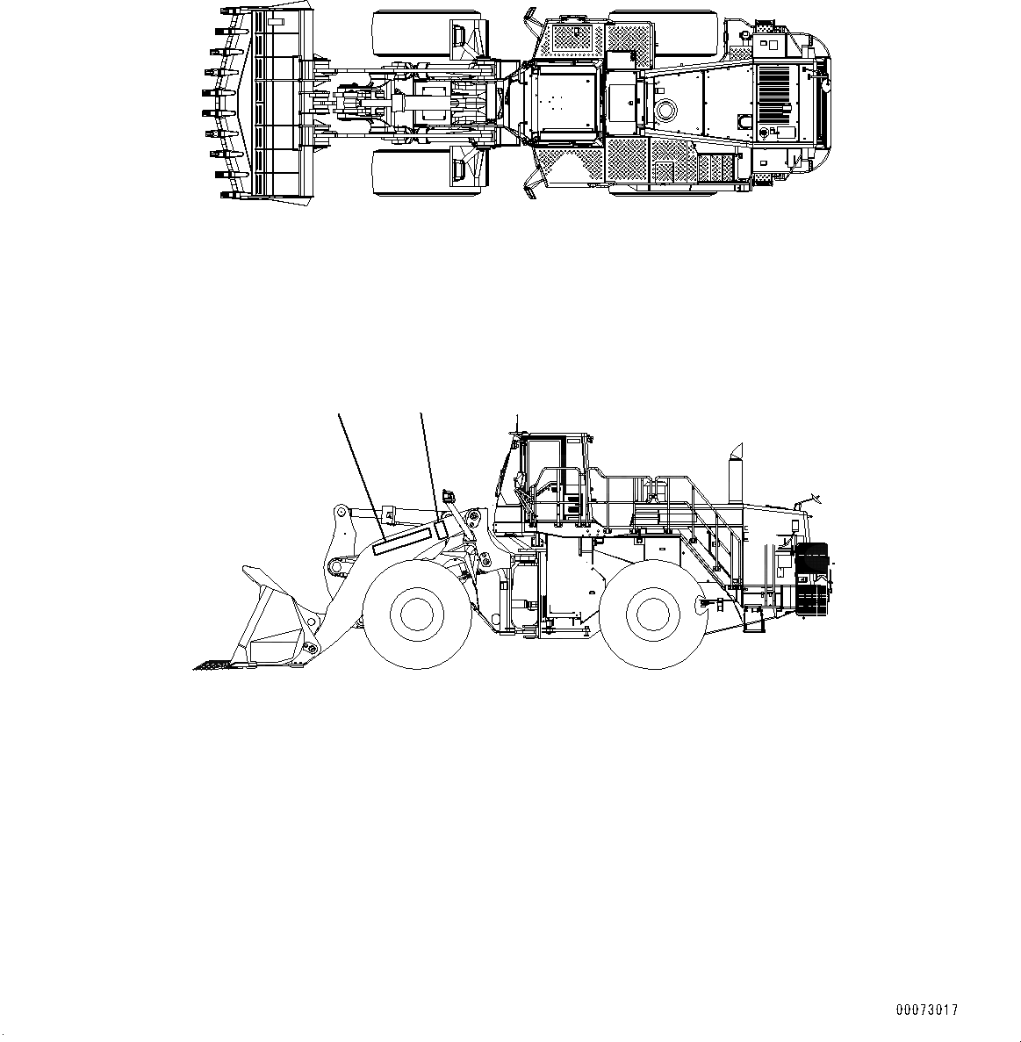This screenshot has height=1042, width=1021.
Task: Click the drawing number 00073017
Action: (x=927, y=1010)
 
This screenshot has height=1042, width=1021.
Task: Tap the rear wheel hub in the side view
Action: (x=651, y=613)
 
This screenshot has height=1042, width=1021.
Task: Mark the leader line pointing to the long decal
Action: (x=360, y=470)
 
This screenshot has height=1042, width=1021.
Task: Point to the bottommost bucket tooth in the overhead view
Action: (x=226, y=194)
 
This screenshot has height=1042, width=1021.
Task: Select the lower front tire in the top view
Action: (x=430, y=172)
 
